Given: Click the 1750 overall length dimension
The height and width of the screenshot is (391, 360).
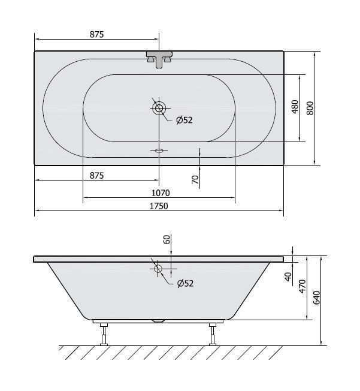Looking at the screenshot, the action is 159,206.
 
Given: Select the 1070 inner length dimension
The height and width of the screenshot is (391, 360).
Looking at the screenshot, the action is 161,193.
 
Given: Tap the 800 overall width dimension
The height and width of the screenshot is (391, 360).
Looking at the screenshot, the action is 310,108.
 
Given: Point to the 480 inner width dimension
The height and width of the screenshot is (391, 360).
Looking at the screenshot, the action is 295,107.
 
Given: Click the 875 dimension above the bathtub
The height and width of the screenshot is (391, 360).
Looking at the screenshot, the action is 96,34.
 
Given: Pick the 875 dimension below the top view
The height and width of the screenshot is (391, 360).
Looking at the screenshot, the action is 96,176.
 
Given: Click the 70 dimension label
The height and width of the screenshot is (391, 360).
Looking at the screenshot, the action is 195,179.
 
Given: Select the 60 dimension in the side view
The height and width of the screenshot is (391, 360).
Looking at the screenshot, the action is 167,239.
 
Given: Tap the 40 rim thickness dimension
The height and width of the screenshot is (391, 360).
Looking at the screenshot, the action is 288,277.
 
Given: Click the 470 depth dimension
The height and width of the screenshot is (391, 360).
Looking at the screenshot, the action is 302,286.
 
